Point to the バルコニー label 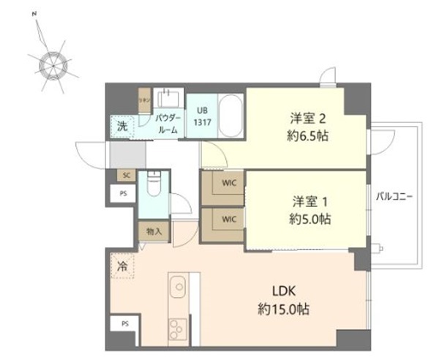(395, 197)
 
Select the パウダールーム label (168, 122)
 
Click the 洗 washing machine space (121, 126)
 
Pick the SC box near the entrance (126, 176)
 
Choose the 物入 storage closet (154, 231)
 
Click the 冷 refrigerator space (122, 266)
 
